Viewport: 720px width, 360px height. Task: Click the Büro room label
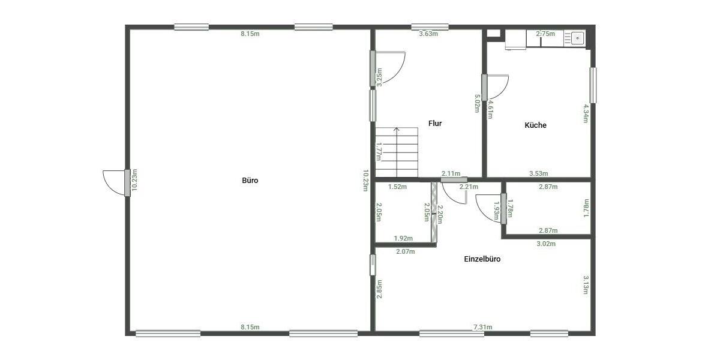click(250, 180)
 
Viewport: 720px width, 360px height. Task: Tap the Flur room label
click(435, 124)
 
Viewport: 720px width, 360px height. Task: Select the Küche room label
click(535, 125)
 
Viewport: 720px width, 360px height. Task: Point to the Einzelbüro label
click(482, 259)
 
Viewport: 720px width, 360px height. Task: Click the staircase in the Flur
click(397, 153)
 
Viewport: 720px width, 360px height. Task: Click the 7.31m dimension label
click(482, 327)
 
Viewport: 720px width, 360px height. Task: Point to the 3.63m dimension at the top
click(428, 34)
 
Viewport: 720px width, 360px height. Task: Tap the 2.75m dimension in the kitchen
click(545, 34)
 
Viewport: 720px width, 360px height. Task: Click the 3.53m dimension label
click(538, 174)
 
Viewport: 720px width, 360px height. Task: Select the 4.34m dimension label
click(586, 113)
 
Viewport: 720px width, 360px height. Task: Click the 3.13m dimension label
click(586, 285)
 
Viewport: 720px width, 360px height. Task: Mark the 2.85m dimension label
click(379, 289)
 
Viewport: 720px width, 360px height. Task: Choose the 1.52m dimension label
click(397, 187)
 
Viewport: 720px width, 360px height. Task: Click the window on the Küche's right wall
click(593, 85)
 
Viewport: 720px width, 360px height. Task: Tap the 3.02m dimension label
click(545, 244)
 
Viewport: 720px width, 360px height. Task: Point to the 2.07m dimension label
click(406, 251)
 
